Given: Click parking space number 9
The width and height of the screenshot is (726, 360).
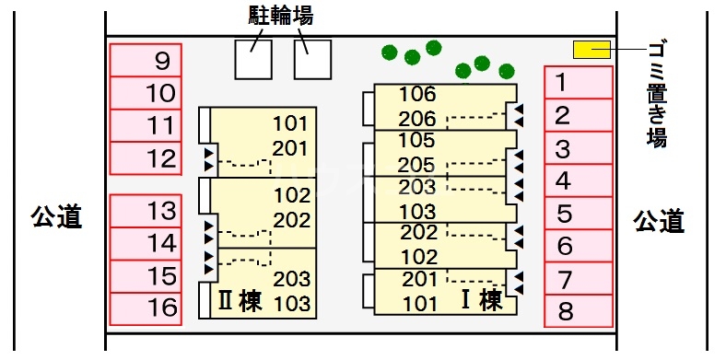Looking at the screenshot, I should click(146, 62).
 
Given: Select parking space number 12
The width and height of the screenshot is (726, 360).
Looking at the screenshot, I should click(146, 158).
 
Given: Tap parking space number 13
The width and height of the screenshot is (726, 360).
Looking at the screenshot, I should click(146, 211).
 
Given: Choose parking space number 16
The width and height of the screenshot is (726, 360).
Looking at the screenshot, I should click(146, 307).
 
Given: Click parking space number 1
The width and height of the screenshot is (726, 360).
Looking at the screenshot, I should click(579, 83).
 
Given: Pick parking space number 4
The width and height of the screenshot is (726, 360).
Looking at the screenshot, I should click(579, 181).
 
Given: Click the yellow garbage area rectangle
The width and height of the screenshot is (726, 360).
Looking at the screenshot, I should click(591, 50).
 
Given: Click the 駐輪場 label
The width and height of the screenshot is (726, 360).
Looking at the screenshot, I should click(280, 16).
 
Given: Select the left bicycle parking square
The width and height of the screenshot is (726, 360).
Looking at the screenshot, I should click(253, 59).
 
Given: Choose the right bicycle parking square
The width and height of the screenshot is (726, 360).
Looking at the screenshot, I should click(312, 59).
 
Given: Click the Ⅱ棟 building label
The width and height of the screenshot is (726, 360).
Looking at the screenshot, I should click(239, 300).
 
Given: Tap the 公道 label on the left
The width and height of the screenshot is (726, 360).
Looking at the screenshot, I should click(57, 218).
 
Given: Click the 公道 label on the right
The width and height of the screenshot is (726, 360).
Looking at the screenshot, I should click(660, 221).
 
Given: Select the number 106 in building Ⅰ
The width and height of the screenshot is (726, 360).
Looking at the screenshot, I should click(416, 94).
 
